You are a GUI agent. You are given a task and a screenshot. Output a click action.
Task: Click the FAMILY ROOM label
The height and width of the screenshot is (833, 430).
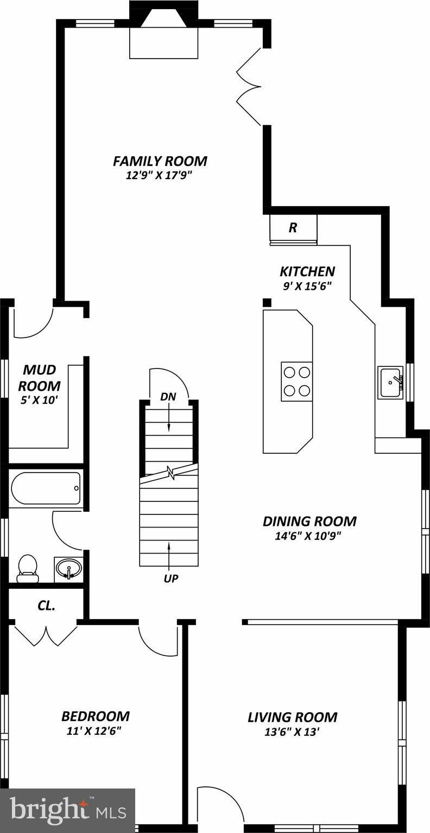click(x=160, y=161)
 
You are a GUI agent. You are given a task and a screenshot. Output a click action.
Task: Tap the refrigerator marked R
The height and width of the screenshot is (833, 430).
click(x=293, y=227)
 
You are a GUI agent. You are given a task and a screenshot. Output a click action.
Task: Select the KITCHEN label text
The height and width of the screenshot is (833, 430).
click(x=307, y=271)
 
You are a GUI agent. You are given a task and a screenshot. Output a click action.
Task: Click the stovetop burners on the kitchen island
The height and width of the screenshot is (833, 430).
click(x=296, y=381)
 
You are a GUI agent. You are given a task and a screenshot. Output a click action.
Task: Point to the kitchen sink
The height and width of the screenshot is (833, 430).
click(x=390, y=382)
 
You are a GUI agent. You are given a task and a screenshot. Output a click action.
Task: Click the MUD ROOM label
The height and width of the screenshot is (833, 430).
click(x=39, y=378)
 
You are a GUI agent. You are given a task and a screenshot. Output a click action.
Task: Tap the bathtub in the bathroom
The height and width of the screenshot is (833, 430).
click(x=46, y=488)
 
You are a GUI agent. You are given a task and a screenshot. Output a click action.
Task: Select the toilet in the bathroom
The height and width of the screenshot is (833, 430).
click(x=28, y=568)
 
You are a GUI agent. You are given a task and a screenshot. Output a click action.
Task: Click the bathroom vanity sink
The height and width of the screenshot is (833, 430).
click(x=68, y=569)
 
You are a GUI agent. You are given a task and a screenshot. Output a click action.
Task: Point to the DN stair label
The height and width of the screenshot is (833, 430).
click(x=168, y=397)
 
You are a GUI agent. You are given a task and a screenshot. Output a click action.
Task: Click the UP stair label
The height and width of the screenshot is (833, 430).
click(x=171, y=578)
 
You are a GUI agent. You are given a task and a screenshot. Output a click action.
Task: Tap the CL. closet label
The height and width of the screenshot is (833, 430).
click(x=46, y=606)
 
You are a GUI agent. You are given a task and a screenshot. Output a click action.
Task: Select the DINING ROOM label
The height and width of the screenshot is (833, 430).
click(x=309, y=522)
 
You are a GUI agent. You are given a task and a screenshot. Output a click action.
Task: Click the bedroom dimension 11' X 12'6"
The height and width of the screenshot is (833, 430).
click(x=93, y=730)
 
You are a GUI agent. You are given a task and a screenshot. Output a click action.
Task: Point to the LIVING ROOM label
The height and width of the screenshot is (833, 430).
click(x=292, y=717)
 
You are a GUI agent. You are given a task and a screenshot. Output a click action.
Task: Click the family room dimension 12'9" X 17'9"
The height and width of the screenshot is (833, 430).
click(x=159, y=175)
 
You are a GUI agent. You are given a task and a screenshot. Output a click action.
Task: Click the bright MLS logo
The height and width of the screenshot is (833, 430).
click(x=67, y=811)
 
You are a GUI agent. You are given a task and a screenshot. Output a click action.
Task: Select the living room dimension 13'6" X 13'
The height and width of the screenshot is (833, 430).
click(x=291, y=732)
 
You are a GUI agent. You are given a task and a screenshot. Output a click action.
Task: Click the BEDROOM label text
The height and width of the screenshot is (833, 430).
click(x=95, y=716)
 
